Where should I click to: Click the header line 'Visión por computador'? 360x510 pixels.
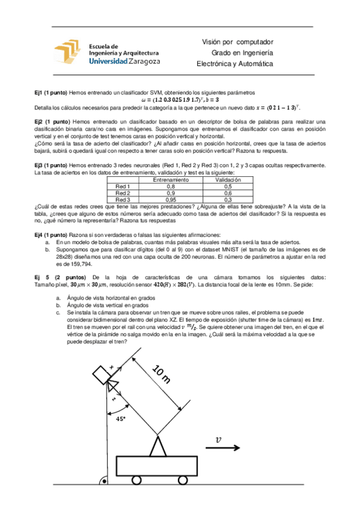tap(237, 42)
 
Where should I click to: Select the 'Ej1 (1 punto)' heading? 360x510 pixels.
tap(50, 93)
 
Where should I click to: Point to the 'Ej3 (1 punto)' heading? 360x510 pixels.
tap(52, 165)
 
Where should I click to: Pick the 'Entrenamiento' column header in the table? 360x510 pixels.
tap(171, 180)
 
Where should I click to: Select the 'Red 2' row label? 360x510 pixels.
tap(123, 192)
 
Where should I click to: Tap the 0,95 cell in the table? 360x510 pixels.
tap(171, 199)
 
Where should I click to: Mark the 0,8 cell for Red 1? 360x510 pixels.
tap(171, 186)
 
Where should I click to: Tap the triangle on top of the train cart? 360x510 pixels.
tap(159, 447)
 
